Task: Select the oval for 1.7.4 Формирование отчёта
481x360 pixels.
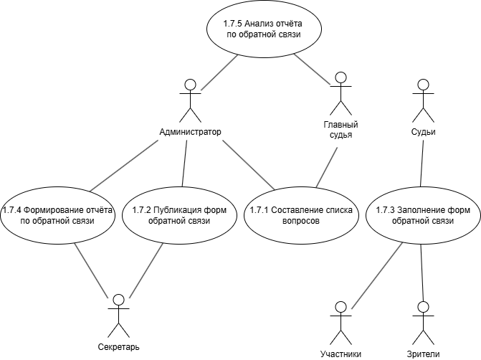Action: coord(57,215)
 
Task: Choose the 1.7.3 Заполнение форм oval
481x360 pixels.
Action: coord(422,215)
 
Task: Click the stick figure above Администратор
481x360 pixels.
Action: coord(189,100)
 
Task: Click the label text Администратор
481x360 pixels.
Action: coord(189,132)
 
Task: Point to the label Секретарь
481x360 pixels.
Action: coord(118,347)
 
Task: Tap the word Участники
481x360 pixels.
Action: coord(341,354)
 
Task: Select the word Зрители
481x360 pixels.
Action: coord(423,354)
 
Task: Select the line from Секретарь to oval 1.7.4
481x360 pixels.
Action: coord(92,270)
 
